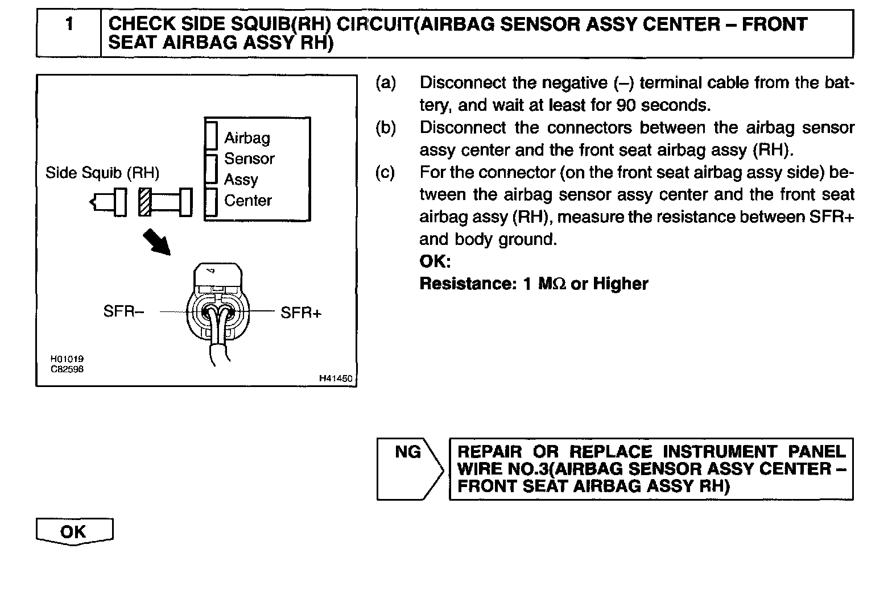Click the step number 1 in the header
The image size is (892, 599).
tap(69, 25)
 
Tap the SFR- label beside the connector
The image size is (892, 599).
tap(123, 311)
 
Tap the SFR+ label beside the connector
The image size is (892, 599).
tap(301, 313)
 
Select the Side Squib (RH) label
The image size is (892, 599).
tap(102, 173)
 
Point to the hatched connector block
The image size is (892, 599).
tap(145, 202)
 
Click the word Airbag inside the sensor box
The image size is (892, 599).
tap(247, 138)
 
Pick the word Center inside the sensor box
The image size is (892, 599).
tap(248, 201)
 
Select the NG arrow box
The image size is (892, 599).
tap(408, 468)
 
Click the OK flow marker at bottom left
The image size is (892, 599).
tap(74, 532)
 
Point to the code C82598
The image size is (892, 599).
tap(67, 369)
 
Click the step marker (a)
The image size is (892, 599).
tap(385, 83)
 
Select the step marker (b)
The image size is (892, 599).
tap(385, 128)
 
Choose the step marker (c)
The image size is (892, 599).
tap(385, 172)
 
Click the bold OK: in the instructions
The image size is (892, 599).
tap(435, 261)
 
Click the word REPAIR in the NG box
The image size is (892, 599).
tap(490, 452)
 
